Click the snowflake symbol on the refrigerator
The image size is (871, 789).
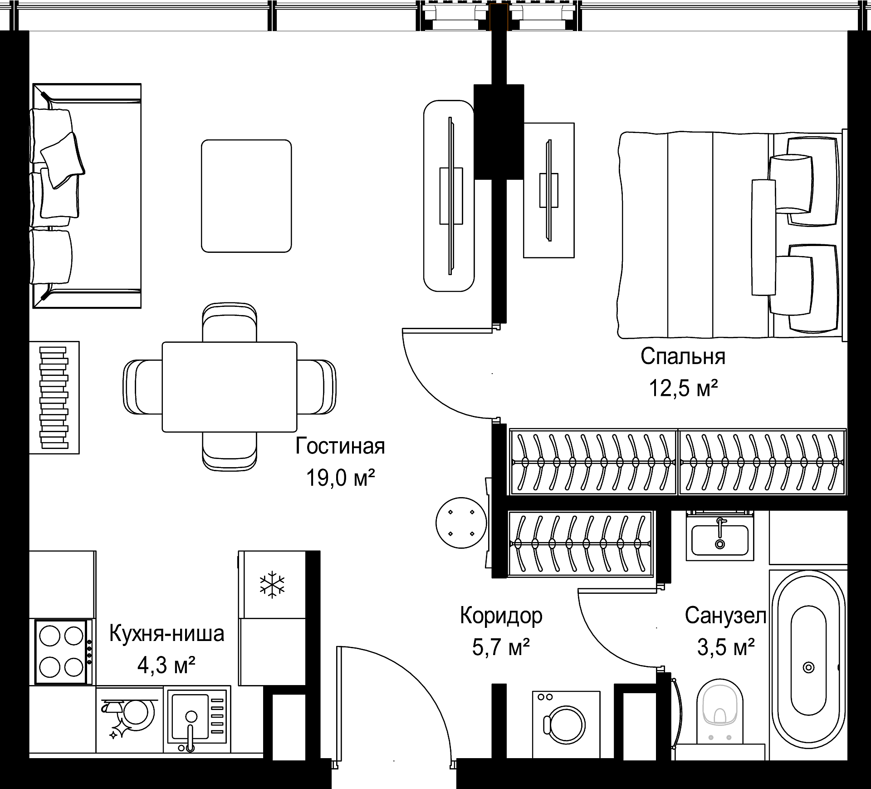[272, 585]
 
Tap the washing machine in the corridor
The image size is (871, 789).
[566, 725]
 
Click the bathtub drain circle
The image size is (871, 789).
[808, 667]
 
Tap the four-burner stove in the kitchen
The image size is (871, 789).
[61, 651]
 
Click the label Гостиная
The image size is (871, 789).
[340, 446]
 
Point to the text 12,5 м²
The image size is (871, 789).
[683, 388]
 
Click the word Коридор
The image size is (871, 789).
[501, 616]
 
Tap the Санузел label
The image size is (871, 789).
[725, 616]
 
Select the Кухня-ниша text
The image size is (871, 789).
[166, 634]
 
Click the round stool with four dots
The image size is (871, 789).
[461, 523]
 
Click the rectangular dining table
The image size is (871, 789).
[230, 387]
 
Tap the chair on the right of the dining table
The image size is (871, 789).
[317, 387]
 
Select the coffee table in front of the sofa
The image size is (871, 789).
[246, 196]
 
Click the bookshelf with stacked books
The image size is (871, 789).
[54, 398]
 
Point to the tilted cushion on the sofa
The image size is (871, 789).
[63, 160]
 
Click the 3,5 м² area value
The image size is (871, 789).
[726, 647]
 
